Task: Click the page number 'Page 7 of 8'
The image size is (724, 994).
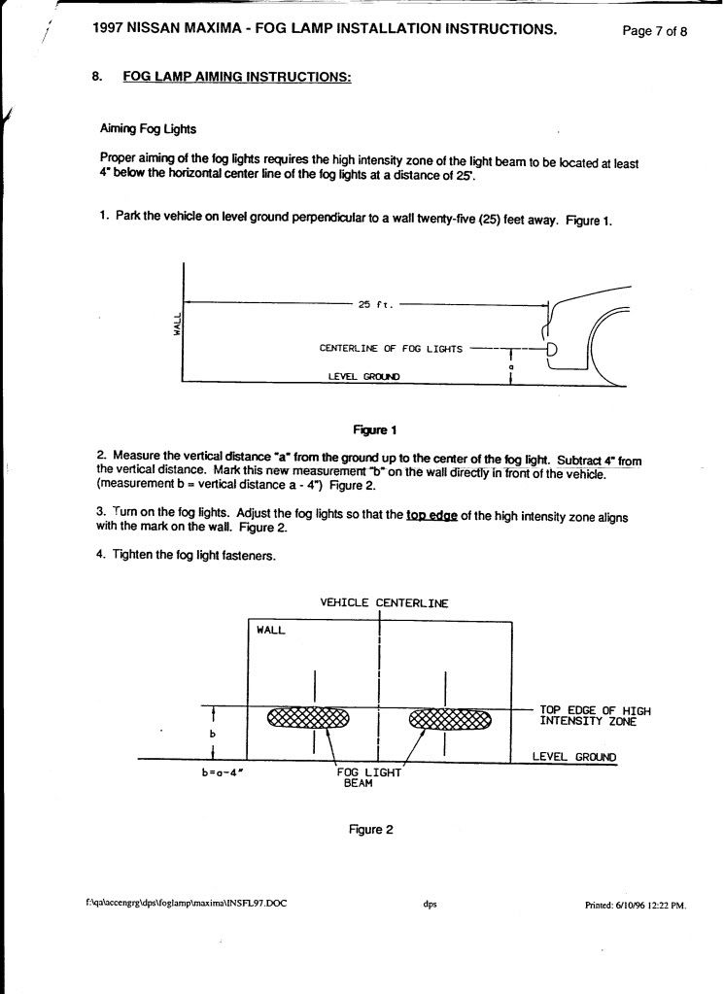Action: [x=654, y=30]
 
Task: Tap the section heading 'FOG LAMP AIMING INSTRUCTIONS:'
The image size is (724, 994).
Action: [x=236, y=77]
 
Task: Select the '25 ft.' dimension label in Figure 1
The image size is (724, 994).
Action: [x=373, y=304]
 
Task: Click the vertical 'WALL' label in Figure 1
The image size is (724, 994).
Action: [x=177, y=324]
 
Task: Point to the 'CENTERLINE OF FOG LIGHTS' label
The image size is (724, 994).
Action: [x=391, y=348]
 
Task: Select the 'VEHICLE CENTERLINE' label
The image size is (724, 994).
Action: [x=384, y=602]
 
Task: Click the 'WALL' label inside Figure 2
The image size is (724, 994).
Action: [x=271, y=630]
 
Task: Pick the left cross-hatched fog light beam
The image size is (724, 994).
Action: [x=307, y=718]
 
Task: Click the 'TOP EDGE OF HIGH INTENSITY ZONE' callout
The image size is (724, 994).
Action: [x=594, y=716]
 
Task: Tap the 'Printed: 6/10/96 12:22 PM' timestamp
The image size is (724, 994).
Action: [x=635, y=904]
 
